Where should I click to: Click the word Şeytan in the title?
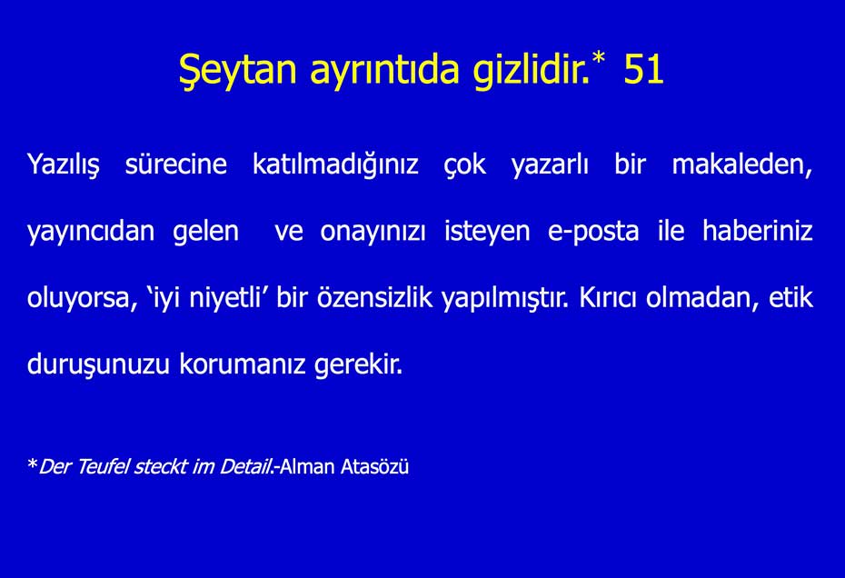(x=238, y=71)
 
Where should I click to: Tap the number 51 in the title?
(x=643, y=69)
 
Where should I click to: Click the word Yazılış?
(x=63, y=165)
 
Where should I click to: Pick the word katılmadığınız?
(x=335, y=165)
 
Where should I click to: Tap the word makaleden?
(x=741, y=165)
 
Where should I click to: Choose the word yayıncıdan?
(x=91, y=232)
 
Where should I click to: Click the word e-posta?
(x=593, y=232)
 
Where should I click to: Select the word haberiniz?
(x=758, y=231)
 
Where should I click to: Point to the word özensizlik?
(x=374, y=297)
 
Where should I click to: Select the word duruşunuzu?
(x=98, y=364)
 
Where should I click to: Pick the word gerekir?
(x=358, y=365)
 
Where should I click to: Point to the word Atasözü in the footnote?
(x=375, y=466)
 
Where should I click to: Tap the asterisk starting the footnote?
(x=33, y=463)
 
